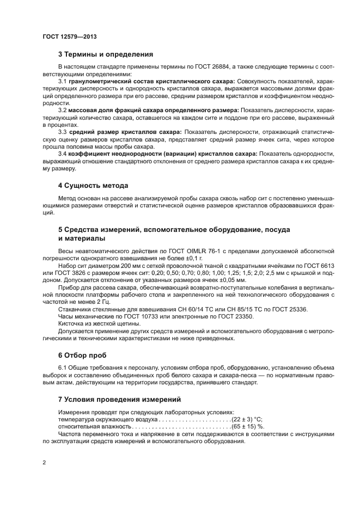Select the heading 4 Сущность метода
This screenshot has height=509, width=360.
click(x=93, y=185)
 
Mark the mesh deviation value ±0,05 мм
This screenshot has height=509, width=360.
click(x=233, y=279)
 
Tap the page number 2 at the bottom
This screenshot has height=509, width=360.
click(x=45, y=463)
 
